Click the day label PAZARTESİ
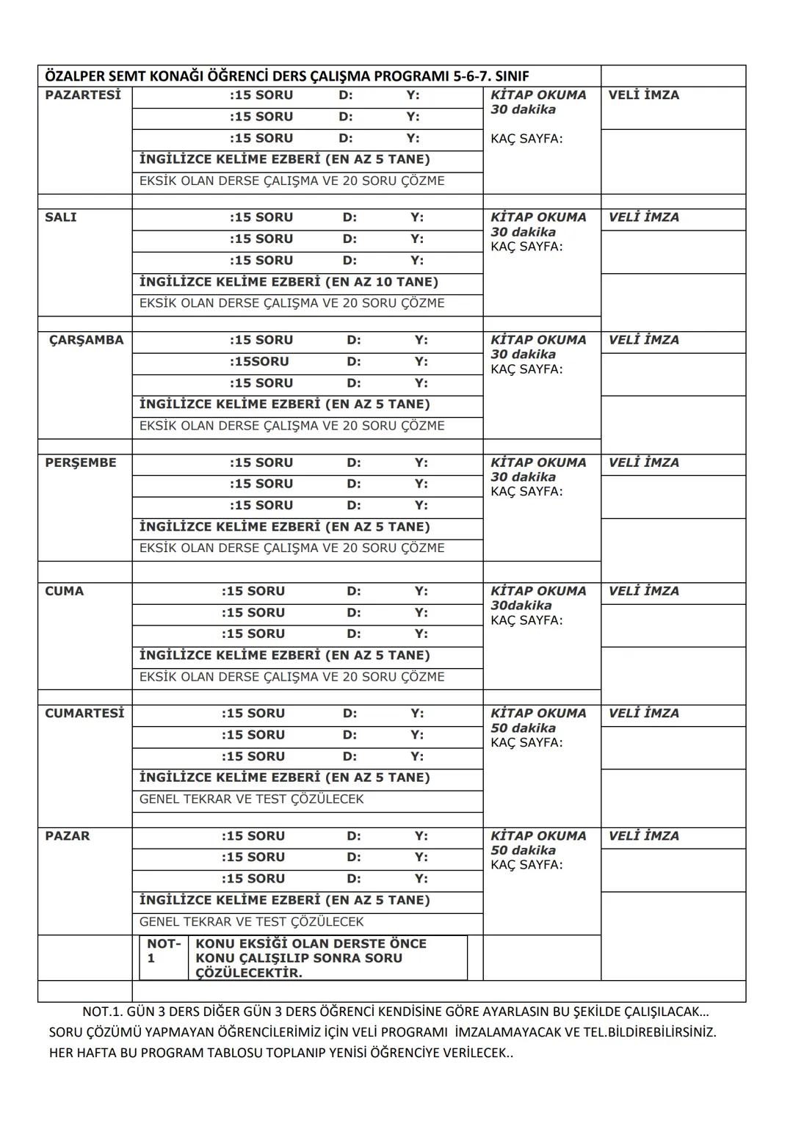tap(82, 95)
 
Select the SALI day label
tap(60, 218)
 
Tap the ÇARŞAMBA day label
tap(86, 341)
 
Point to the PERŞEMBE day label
tap(80, 463)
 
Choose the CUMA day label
tap(64, 592)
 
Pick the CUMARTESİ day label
tap(84, 714)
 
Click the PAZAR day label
tap(67, 836)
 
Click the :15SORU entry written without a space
tap(259, 362)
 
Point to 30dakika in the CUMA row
tap(521, 606)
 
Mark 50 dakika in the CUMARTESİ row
tap(523, 728)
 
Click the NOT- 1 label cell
tap(163, 951)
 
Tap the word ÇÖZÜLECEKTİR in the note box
tap(249, 973)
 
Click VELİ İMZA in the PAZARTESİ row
tap(644, 95)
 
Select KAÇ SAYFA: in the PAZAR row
tap(526, 865)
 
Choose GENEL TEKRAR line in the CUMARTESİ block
tap(251, 799)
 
